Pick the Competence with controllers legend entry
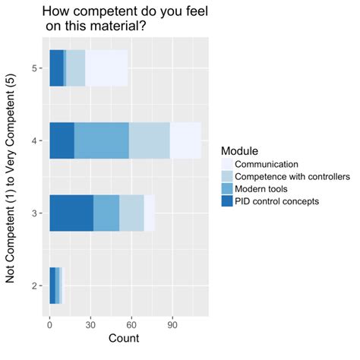[x=292, y=177]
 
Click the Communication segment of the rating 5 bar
[x=106, y=68]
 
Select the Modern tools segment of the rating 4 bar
[x=102, y=141]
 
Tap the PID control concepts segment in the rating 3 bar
[x=71, y=213]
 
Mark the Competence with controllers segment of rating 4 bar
[x=149, y=141]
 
